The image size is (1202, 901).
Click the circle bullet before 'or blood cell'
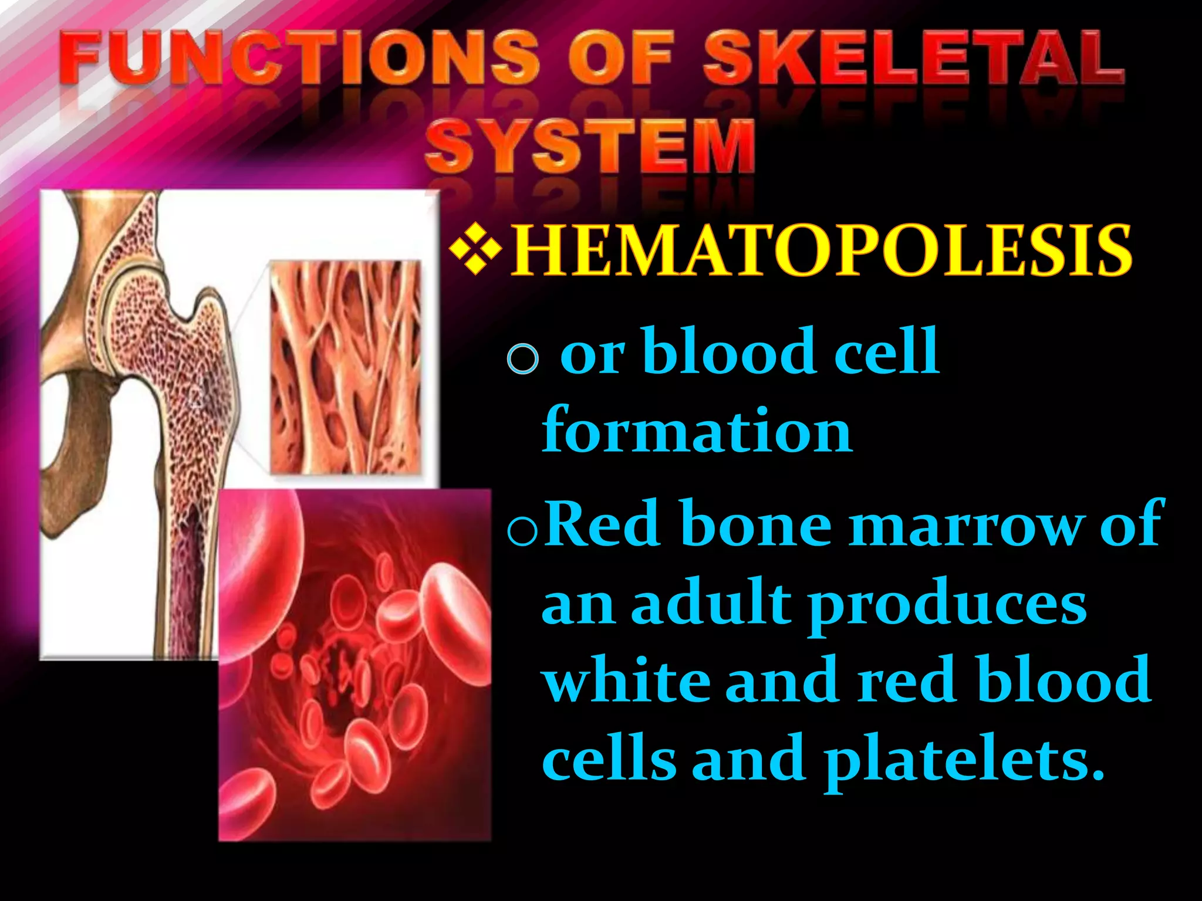pyautogui.click(x=522, y=357)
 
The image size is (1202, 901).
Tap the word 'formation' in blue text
pyautogui.click(x=697, y=431)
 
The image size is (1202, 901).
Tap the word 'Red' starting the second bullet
pyautogui.click(x=605, y=524)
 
